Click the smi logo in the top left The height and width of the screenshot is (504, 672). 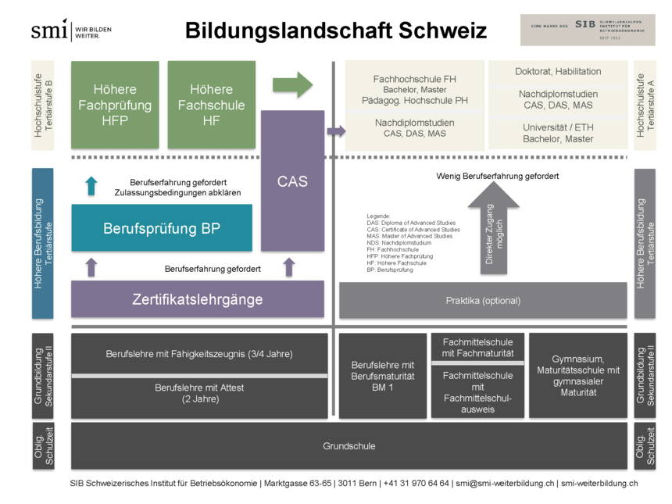(71, 30)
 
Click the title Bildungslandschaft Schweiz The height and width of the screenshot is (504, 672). (336, 31)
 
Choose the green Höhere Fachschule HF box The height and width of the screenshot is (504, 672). (211, 105)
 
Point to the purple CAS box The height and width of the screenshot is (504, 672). (292, 181)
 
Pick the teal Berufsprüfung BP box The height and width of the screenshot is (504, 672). (162, 228)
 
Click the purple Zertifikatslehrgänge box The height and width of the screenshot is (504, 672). (197, 299)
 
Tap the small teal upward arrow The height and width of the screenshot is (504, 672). (91, 185)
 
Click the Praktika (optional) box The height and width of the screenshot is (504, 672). (483, 300)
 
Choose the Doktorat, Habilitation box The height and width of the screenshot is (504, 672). (558, 72)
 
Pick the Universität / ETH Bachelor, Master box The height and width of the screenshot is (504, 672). (558, 133)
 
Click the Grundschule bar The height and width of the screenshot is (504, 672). (349, 446)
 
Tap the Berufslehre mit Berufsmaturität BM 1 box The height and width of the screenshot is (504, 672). (382, 376)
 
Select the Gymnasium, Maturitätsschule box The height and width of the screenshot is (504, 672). (577, 376)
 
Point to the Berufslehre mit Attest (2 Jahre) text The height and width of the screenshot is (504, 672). (198, 393)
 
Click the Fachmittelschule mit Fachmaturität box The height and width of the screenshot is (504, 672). (477, 348)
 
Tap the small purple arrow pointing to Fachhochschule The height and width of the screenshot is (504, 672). (336, 131)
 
